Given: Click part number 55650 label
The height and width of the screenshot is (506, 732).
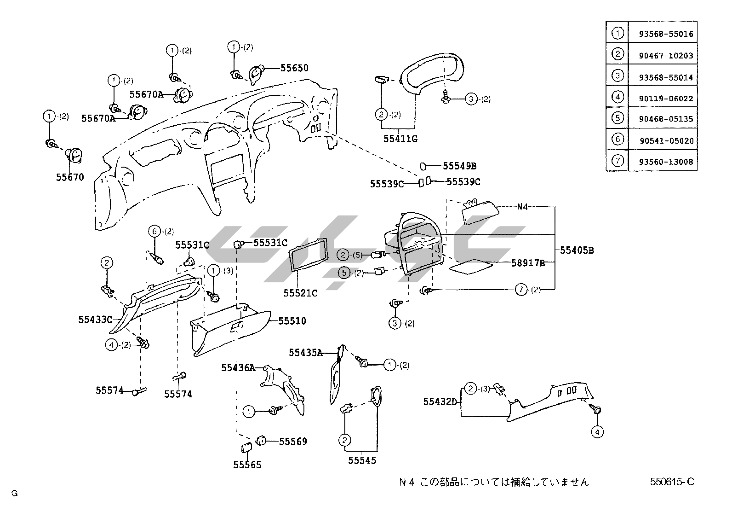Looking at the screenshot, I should click(x=294, y=68).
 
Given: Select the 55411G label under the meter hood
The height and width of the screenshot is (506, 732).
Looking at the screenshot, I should click(x=400, y=138).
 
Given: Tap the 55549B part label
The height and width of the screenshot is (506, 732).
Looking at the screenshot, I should click(x=459, y=166).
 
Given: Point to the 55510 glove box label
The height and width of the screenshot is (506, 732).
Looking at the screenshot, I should click(x=292, y=321).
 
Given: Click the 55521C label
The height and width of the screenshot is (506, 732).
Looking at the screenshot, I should click(x=300, y=293).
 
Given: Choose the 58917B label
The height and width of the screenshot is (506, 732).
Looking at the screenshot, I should click(x=528, y=263).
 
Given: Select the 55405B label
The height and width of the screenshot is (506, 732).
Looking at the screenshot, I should click(x=577, y=250).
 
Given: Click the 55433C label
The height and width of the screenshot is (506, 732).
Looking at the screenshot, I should click(x=95, y=319).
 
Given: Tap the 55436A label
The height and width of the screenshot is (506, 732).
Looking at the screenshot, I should click(x=238, y=367).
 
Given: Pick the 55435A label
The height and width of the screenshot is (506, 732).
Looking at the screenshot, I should click(x=306, y=353).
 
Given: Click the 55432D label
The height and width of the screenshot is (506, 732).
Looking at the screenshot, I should click(x=440, y=402).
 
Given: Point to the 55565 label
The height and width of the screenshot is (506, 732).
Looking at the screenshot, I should click(x=247, y=465).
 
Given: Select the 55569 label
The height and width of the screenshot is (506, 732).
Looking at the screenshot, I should click(x=293, y=442).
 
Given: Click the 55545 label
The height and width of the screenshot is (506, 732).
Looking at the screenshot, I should click(x=362, y=460).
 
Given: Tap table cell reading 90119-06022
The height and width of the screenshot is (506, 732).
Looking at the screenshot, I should click(x=665, y=99).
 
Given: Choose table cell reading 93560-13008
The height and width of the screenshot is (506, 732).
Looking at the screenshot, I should click(x=665, y=162).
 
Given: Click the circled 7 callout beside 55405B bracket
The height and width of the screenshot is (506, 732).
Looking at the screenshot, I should click(x=521, y=290).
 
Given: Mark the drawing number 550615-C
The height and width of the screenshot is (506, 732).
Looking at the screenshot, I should click(x=672, y=482).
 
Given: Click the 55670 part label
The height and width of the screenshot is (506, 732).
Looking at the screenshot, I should click(x=70, y=177).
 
